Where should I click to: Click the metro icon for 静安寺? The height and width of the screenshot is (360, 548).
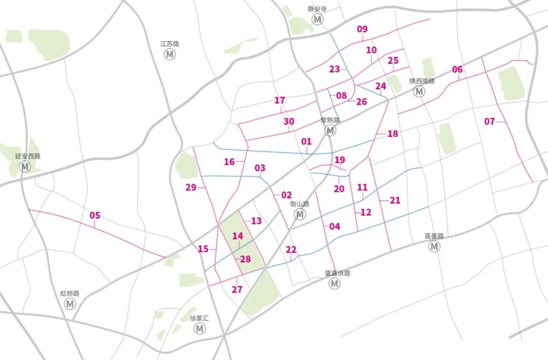(x=318, y=19)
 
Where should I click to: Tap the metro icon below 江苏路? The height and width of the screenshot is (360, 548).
(x=169, y=54)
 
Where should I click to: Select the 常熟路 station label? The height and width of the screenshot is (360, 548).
(x=330, y=120)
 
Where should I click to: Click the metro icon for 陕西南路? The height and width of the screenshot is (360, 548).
(x=419, y=91)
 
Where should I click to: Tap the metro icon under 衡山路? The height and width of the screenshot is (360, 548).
(x=300, y=214)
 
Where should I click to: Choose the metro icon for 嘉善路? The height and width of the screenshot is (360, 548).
(x=434, y=246)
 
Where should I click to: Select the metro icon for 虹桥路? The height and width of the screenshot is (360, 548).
(x=70, y=304)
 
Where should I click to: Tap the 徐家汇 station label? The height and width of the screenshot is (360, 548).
(x=199, y=318)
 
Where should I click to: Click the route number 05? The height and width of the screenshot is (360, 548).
(x=95, y=215)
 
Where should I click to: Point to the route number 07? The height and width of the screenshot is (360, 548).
(x=489, y=122)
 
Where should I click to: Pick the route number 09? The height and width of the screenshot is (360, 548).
(x=362, y=29)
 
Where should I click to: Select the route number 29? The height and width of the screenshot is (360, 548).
(x=191, y=188)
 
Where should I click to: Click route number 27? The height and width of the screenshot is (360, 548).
(x=237, y=290)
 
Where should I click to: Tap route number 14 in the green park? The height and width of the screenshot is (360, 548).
(x=237, y=236)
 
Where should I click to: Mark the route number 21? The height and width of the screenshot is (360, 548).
(x=395, y=200)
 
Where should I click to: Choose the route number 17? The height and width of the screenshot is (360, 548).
(x=280, y=100)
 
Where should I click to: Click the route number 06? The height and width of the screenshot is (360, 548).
(x=457, y=69)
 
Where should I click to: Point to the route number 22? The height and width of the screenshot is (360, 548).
(x=291, y=249)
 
